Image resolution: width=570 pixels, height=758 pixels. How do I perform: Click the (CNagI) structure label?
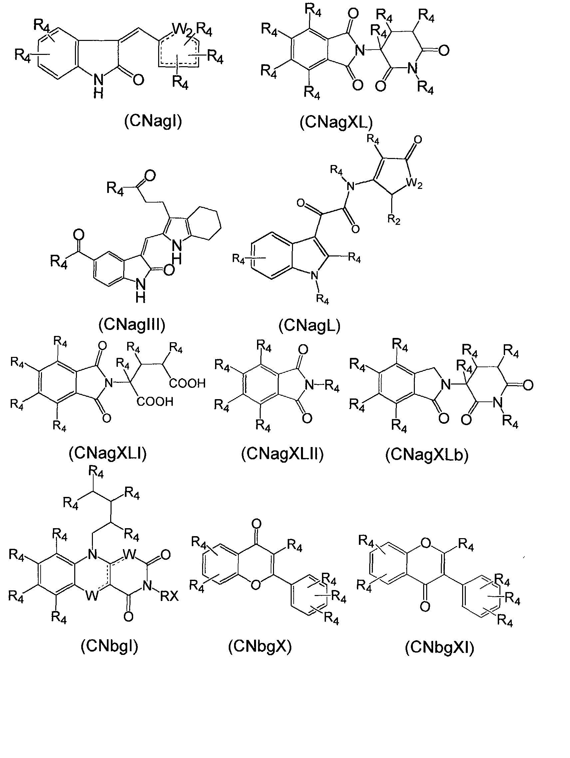coord(153,121)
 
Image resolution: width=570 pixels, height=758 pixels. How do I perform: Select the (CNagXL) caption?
coord(336,122)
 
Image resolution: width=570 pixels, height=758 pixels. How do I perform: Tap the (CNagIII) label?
coord(132,325)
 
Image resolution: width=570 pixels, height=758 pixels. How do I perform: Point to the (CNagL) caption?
coord(309,326)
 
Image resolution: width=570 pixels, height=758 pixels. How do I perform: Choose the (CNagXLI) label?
coord(108,453)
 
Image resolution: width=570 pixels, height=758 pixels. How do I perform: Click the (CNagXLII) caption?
coord(282,454)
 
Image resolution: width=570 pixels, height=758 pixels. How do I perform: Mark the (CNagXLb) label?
coord(427,455)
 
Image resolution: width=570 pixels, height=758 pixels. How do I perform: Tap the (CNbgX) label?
coord(260,647)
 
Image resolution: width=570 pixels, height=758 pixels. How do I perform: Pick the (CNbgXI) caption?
coord(439,648)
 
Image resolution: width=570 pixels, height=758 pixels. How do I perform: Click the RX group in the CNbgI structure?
coord(169,597)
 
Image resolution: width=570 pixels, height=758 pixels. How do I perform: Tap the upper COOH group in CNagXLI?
coord(187,383)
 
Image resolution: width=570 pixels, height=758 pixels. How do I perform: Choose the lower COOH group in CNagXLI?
coord(155,401)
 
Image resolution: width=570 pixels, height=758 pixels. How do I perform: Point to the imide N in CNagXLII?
coord(310,385)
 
